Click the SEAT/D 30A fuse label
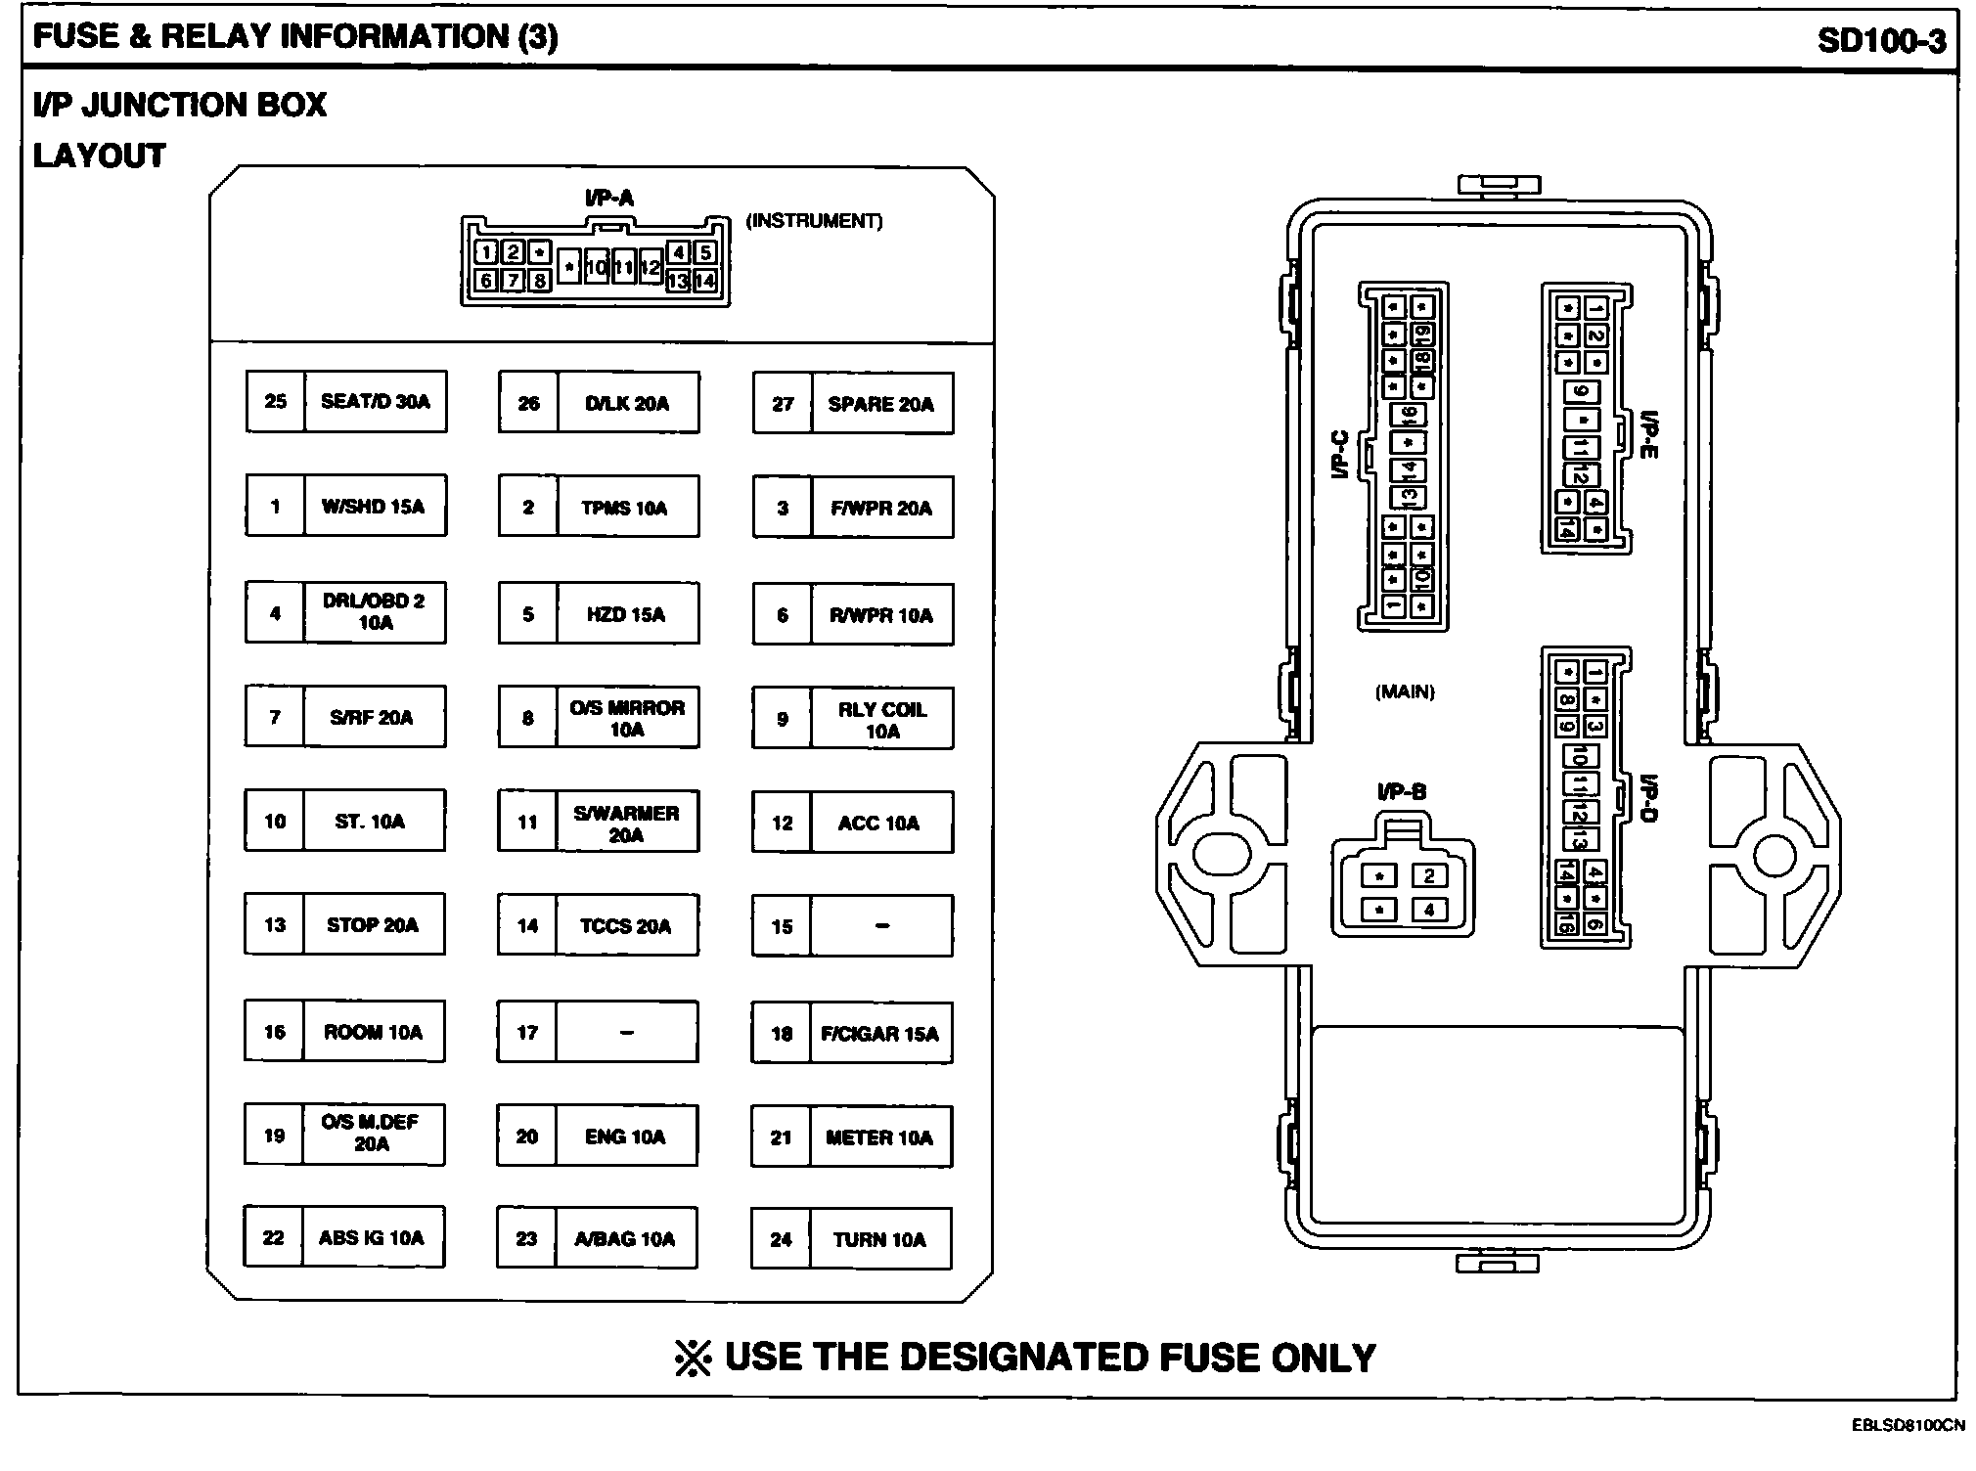[x=376, y=401]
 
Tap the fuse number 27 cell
[x=783, y=404]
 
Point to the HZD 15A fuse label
[x=626, y=614]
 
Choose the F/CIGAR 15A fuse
[x=879, y=1033]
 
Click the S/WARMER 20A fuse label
[x=626, y=824]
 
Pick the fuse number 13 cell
[x=275, y=924]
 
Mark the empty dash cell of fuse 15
[x=881, y=926]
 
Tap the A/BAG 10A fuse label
[x=625, y=1239]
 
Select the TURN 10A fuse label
[x=879, y=1239]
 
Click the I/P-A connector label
[x=609, y=199]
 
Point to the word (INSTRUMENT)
[x=814, y=221]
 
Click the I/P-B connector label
[x=1402, y=792]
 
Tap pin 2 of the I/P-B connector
[x=1429, y=875]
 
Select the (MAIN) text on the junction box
[x=1405, y=692]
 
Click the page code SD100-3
[x=1881, y=40]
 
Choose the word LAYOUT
[x=100, y=156]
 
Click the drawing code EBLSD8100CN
[x=1908, y=1425]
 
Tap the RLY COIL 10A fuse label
[x=881, y=720]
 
